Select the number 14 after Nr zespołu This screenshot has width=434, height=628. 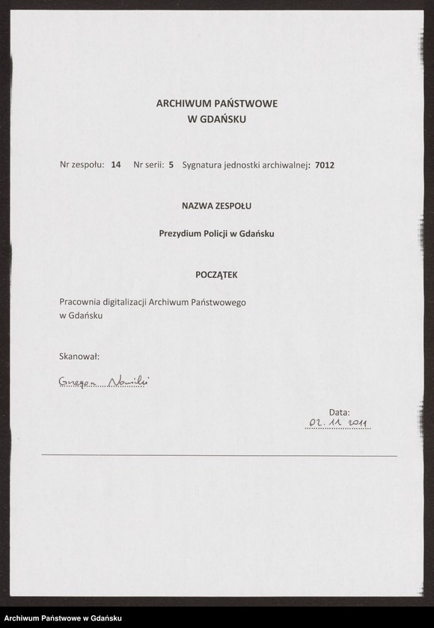[x=115, y=164]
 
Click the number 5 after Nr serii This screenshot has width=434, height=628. [x=171, y=164]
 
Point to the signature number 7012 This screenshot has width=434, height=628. [x=325, y=164]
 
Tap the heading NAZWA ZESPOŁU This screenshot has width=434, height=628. [x=216, y=206]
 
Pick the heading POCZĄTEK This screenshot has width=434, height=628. [x=216, y=274]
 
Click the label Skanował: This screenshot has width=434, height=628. [x=79, y=357]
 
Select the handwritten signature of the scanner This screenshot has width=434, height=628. [x=103, y=383]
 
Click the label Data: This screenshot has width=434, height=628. [x=339, y=412]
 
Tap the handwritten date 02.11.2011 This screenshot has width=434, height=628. [x=339, y=424]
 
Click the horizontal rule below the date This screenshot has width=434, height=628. [x=219, y=455]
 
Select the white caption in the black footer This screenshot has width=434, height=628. [x=63, y=618]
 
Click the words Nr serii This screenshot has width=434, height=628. [x=148, y=164]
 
